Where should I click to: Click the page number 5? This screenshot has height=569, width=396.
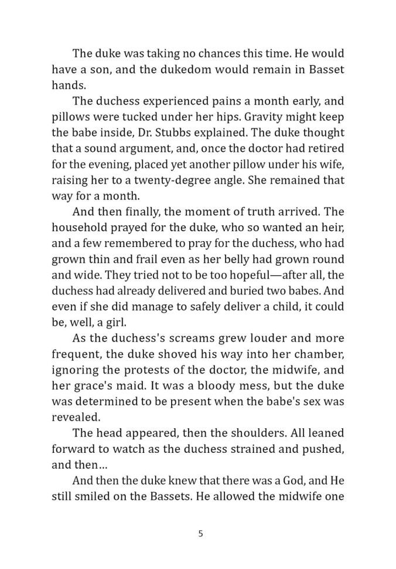point(200,533)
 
